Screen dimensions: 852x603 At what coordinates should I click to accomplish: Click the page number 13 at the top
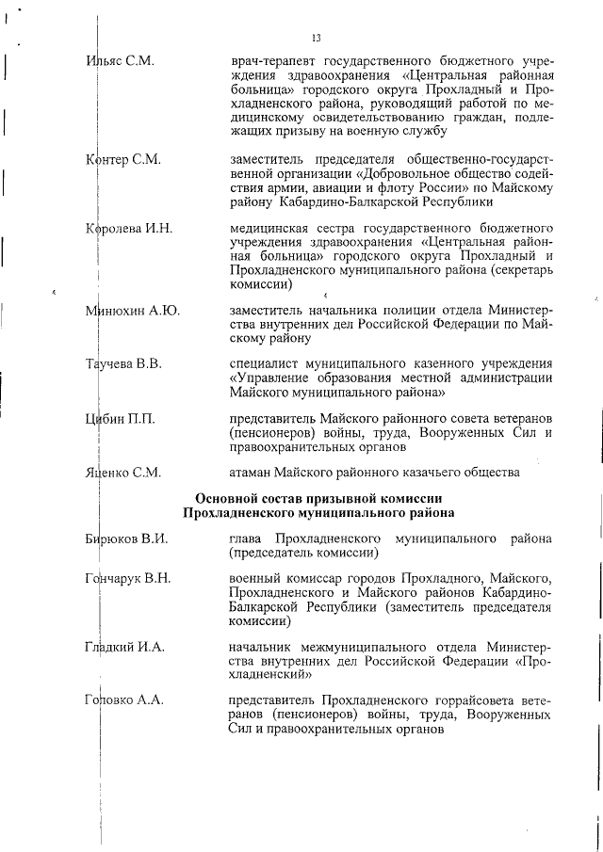coord(316,38)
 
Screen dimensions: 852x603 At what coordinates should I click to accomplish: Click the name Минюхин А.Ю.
coord(133,311)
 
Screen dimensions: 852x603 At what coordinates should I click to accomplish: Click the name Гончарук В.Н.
coord(128,578)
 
